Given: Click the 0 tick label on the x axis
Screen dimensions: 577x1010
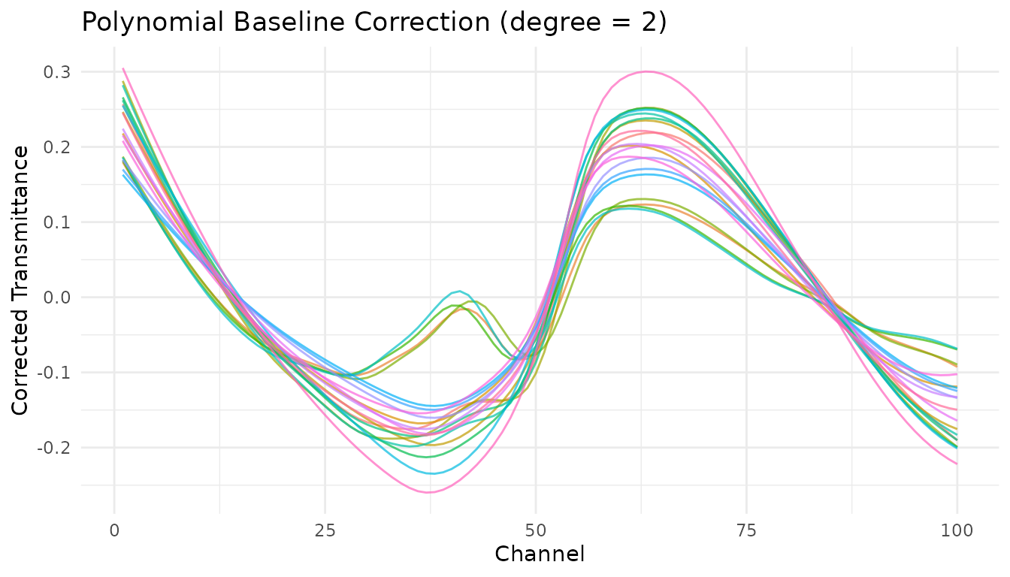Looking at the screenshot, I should point(114,531).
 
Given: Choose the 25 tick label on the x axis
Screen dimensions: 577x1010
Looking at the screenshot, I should point(325,531).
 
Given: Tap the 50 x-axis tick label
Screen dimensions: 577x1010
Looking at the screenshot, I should point(536,531).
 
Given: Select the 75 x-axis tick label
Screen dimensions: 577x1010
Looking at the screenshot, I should point(746,531).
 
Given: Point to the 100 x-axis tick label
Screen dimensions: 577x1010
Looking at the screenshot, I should point(957,531).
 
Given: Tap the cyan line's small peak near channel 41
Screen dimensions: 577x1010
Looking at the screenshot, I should point(459,291).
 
